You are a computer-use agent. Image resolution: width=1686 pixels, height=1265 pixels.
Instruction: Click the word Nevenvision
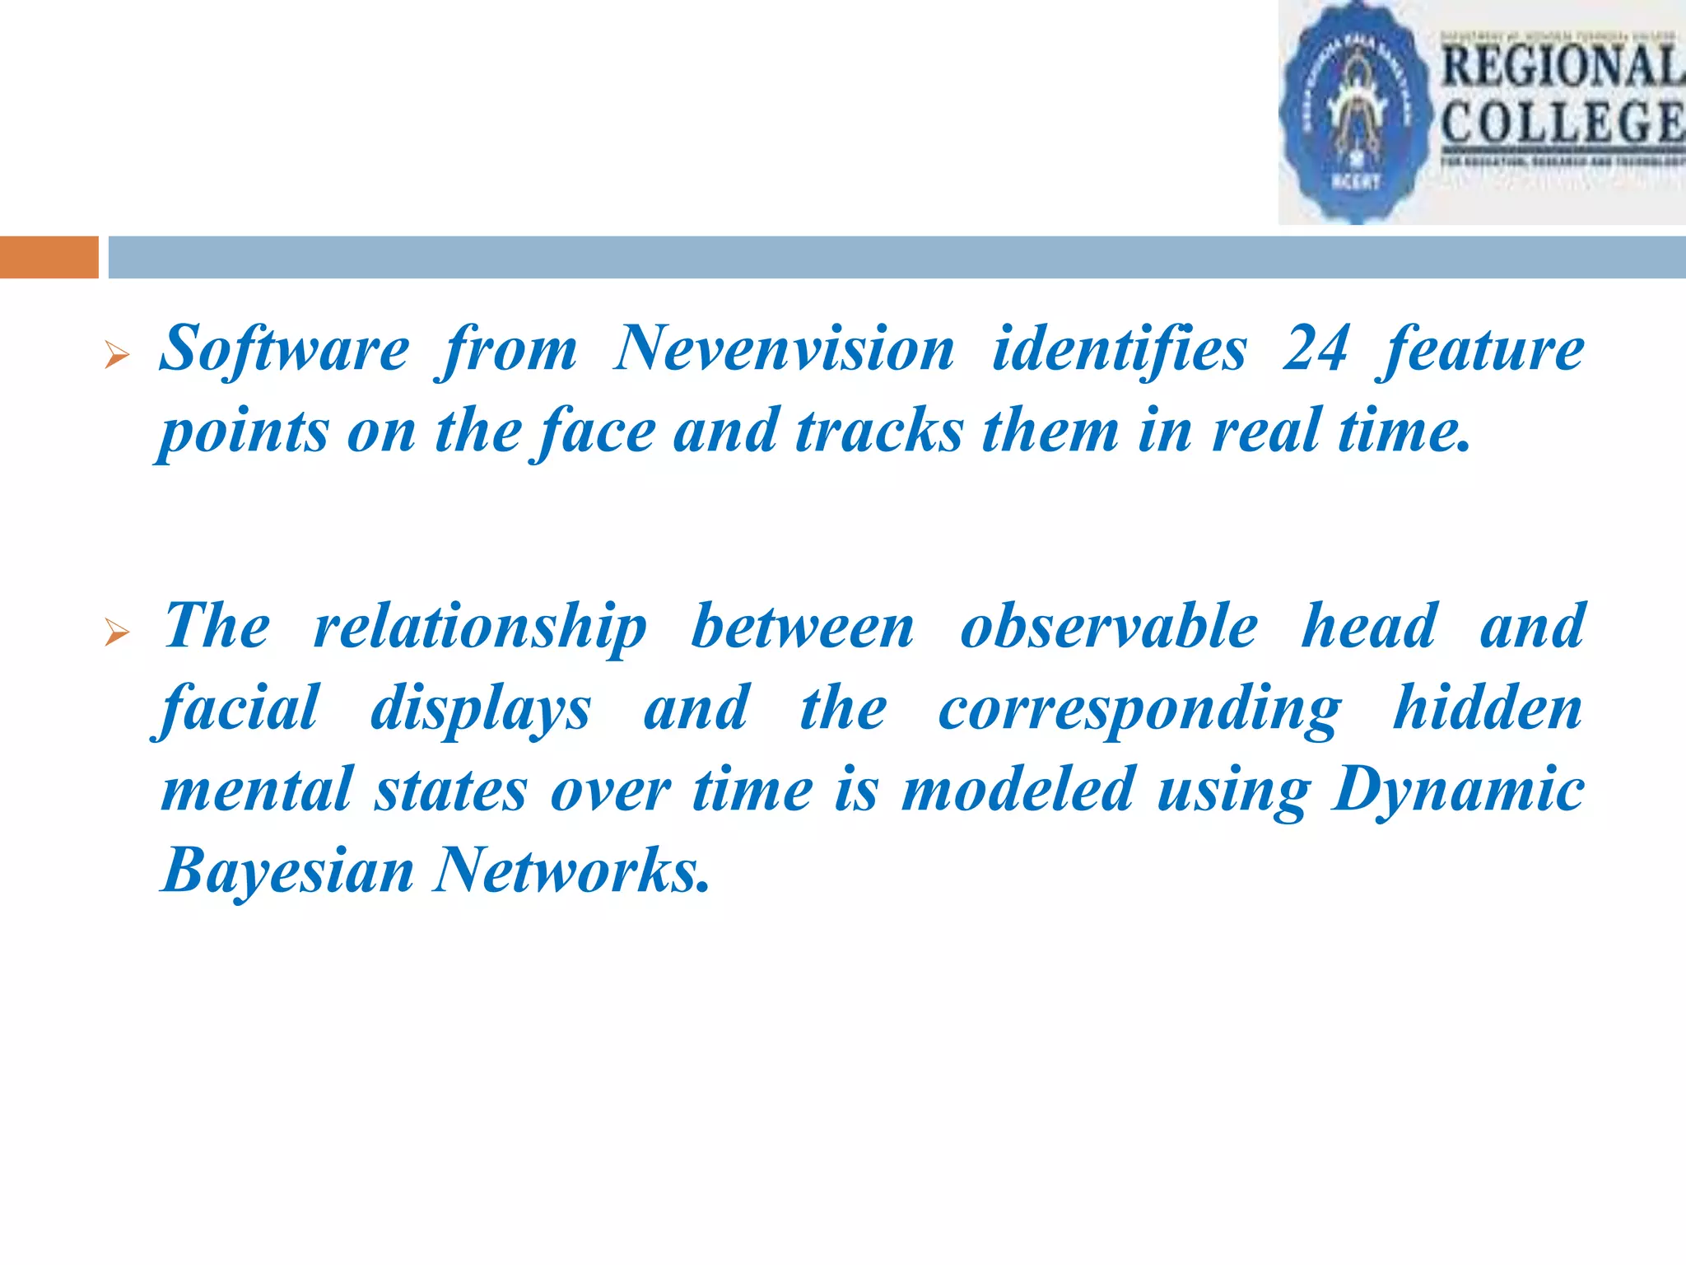point(784,349)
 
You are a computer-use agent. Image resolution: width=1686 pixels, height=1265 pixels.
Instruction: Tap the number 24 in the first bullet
point(1315,349)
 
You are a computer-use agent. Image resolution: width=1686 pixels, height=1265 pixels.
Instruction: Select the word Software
point(284,349)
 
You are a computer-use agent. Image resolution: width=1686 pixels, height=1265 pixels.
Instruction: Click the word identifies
point(1120,349)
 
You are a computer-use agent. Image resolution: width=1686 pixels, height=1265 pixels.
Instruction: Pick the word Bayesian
point(288,871)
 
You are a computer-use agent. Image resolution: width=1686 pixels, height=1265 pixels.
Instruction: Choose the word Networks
point(571,871)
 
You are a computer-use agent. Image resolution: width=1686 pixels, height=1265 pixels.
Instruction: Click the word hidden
point(1488,708)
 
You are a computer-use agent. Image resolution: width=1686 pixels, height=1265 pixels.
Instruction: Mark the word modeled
point(1018,789)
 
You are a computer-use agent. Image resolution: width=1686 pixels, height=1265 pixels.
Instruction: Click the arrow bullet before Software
point(118,356)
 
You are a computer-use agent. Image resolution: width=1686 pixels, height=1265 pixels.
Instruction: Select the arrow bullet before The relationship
point(118,633)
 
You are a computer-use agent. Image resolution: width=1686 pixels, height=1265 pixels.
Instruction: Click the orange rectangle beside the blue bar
point(49,257)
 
